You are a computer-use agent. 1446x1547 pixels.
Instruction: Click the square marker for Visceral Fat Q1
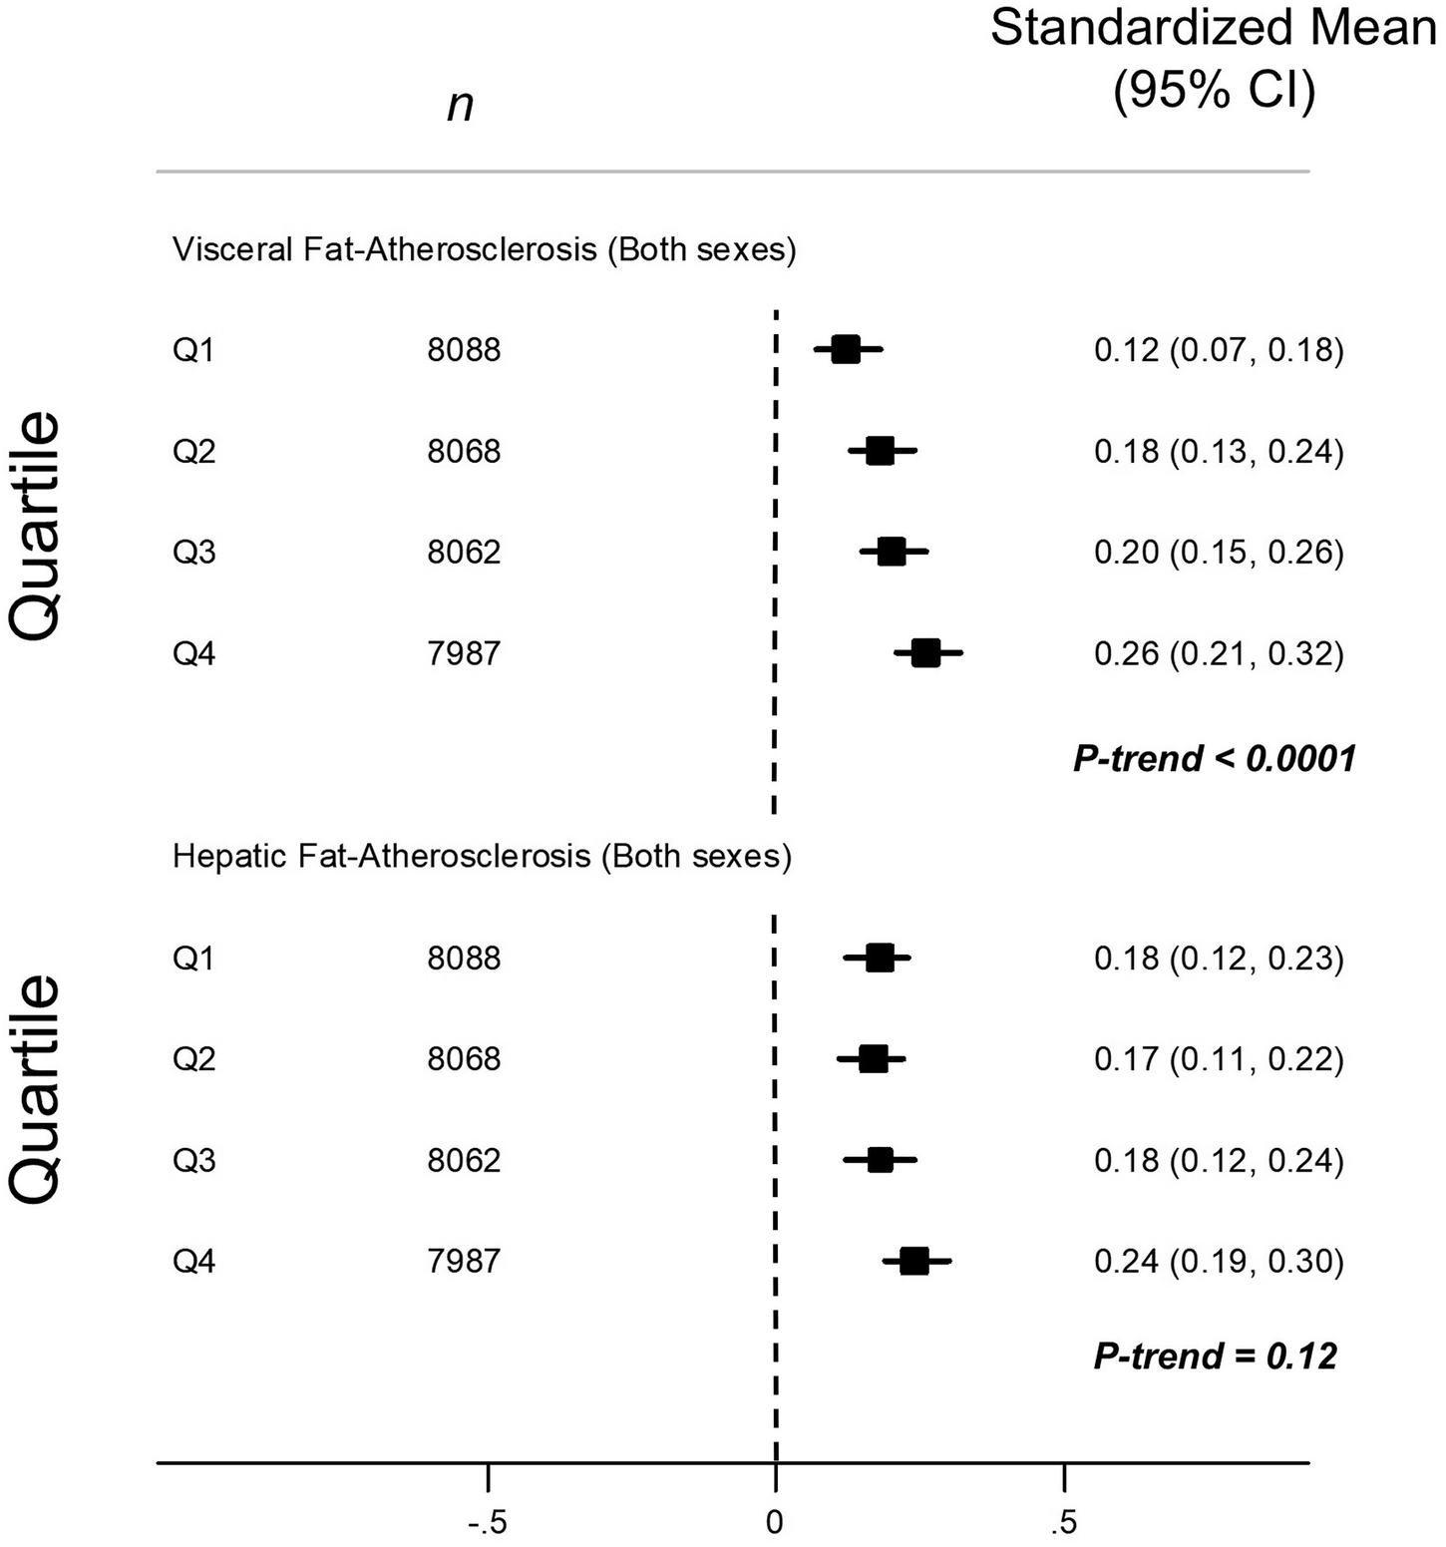point(845,350)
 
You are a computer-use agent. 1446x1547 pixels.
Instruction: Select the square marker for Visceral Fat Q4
point(925,653)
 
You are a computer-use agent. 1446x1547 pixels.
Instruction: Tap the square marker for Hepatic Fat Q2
point(873,1059)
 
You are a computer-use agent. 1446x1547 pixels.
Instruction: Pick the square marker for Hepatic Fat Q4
point(913,1262)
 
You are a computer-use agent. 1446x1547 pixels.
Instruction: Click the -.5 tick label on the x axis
point(488,1522)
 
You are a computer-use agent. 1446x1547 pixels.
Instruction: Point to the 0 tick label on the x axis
point(775,1522)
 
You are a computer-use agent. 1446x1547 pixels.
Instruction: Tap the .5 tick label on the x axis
point(1064,1522)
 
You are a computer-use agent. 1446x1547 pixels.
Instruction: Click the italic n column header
point(460,104)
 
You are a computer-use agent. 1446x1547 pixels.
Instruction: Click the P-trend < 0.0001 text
point(1215,759)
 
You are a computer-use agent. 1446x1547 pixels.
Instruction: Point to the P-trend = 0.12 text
point(1215,1356)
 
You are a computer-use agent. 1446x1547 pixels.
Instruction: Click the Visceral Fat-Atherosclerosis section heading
point(485,249)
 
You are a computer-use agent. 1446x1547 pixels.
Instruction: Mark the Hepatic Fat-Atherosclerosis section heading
point(482,857)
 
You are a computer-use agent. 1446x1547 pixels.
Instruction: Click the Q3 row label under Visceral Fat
point(193,553)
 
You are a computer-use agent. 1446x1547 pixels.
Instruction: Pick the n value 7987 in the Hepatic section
point(464,1262)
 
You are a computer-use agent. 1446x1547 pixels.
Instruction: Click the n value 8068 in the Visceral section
point(464,452)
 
